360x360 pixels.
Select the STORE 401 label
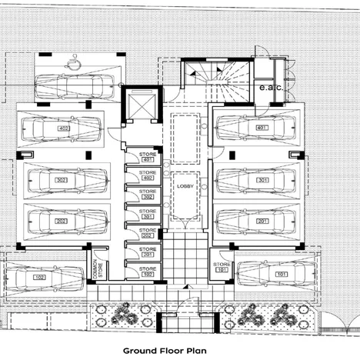tap(147, 158)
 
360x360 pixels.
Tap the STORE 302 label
tap(147, 195)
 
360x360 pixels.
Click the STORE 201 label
tap(147, 252)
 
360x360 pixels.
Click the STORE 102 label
tap(147, 271)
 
